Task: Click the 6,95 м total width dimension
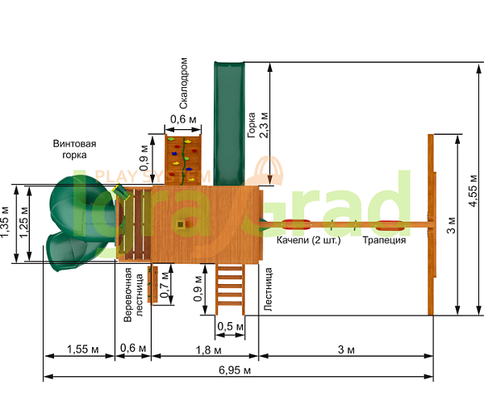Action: [235, 370]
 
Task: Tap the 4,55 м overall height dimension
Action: [474, 190]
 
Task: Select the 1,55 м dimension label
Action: [83, 349]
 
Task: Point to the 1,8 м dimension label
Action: [208, 350]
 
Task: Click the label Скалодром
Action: [183, 83]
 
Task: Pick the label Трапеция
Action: [384, 240]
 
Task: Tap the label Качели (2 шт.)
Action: [308, 240]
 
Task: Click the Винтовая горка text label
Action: [74, 149]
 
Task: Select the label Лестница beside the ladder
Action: [268, 289]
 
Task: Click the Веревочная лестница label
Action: [133, 295]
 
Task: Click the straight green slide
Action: [229, 123]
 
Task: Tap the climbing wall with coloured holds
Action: [183, 160]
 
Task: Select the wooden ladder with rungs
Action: [230, 289]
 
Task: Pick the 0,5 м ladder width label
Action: [230, 326]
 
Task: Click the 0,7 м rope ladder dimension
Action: [165, 285]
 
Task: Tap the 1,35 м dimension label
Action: [5, 222]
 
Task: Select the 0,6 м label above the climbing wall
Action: [183, 119]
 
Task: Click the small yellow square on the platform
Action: [180, 224]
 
